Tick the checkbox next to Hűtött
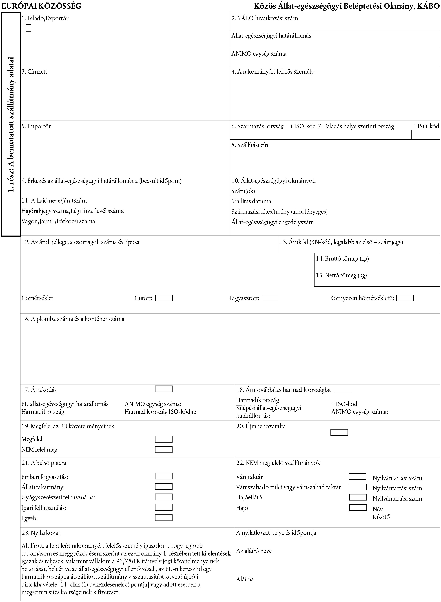(x=164, y=298)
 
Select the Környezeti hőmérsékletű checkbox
(x=405, y=298)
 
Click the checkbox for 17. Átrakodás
(x=164, y=389)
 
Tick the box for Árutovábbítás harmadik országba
(x=343, y=389)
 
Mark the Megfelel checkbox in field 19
(x=164, y=439)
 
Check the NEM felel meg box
(x=164, y=450)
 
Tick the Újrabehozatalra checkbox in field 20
(x=339, y=432)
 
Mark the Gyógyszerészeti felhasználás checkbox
(x=164, y=497)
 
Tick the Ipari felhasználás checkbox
(x=164, y=507)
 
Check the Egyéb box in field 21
(x=164, y=518)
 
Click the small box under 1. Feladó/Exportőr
(x=29, y=28)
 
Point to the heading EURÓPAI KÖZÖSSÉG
(x=41, y=6)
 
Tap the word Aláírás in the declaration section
(x=245, y=579)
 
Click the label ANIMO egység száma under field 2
(x=259, y=54)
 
